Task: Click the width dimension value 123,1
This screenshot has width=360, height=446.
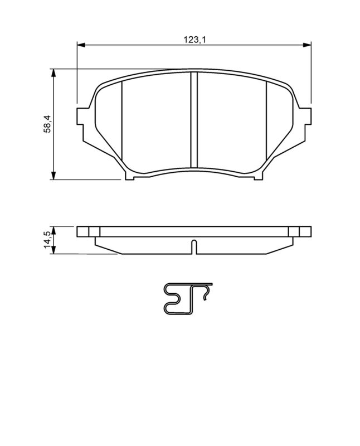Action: (191, 40)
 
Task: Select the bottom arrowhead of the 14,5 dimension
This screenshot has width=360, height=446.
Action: (53, 251)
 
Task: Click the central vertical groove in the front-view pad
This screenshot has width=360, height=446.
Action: (194, 120)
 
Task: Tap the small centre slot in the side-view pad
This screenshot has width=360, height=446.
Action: (193, 246)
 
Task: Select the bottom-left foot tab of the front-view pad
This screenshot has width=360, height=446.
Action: (130, 177)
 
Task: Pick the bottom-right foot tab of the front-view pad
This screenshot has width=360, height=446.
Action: (257, 177)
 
